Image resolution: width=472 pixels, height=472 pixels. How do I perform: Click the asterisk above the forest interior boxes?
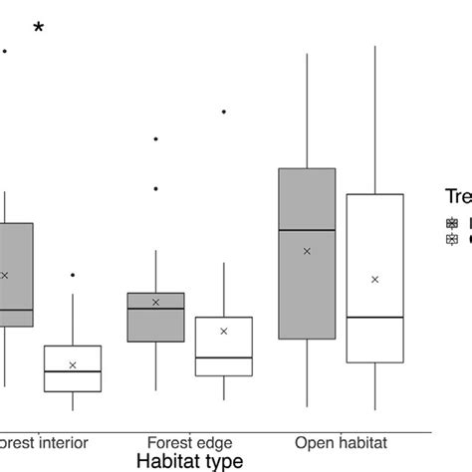tap(39, 29)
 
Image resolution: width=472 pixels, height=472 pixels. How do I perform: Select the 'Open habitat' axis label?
tap(341, 441)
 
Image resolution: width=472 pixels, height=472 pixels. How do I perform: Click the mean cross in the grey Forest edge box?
tap(156, 302)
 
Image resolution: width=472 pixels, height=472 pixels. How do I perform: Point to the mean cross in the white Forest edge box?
tap(224, 331)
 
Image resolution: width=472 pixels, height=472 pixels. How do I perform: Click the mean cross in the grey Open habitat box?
tap(307, 251)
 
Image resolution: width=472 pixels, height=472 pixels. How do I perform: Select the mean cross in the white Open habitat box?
tap(375, 280)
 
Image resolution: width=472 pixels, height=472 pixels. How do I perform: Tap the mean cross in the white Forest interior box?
tap(73, 365)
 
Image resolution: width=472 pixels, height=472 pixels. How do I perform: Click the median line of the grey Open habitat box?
tap(307, 230)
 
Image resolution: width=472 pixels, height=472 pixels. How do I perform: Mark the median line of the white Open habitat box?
tap(375, 318)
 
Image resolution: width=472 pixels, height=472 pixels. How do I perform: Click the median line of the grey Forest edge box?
tap(156, 309)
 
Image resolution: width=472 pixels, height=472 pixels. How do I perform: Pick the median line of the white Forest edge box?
tap(224, 356)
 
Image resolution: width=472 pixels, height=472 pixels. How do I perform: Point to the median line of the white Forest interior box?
tap(73, 371)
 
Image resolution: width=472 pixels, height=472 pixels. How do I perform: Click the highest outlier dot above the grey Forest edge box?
tap(156, 139)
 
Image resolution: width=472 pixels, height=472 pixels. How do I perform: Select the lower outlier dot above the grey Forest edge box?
tap(156, 188)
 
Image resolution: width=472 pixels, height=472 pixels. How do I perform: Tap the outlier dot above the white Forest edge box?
tap(224, 112)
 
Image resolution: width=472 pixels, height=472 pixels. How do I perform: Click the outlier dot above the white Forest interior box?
tap(73, 274)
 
